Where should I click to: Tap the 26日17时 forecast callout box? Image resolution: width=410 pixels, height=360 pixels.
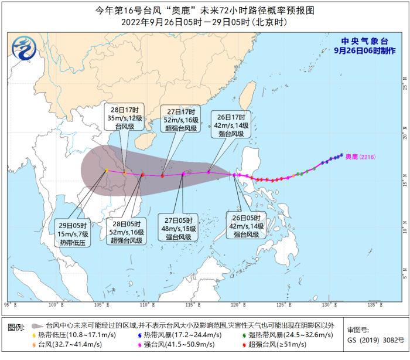tap(234, 124)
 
